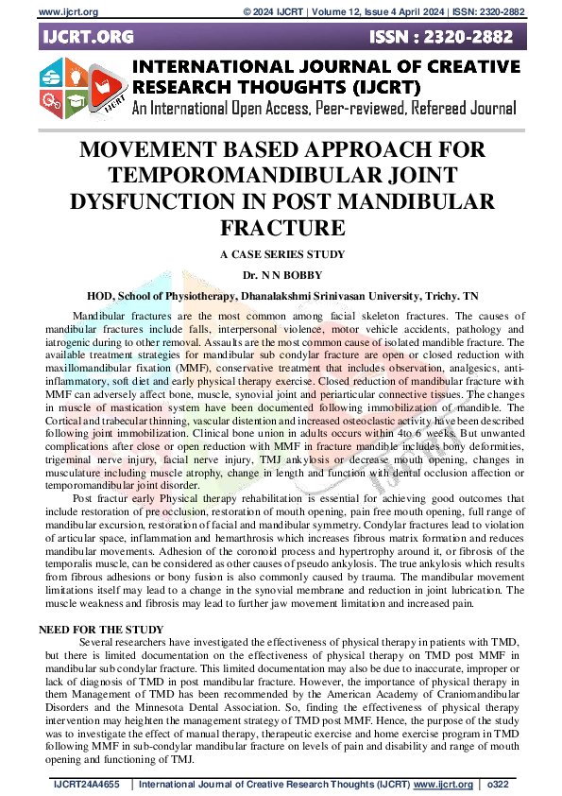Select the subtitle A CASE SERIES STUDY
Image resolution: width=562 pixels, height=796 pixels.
coord(281,254)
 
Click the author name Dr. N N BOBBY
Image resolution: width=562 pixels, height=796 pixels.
coord(281,274)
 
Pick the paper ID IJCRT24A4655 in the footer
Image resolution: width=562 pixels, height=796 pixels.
coord(88,784)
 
